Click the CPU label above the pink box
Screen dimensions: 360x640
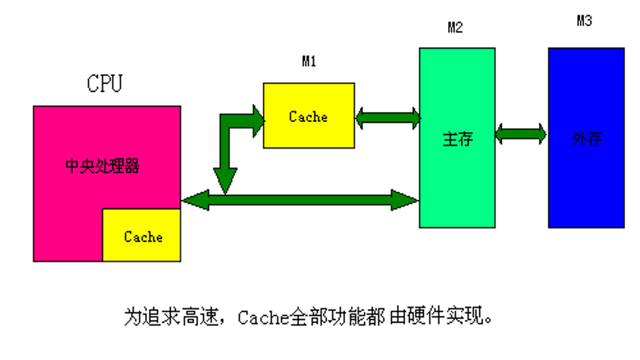tap(104, 83)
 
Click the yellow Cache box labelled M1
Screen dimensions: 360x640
tap(308, 116)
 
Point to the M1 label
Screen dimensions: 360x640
tap(309, 62)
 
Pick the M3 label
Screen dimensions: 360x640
tap(584, 20)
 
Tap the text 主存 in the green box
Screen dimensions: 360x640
tap(457, 139)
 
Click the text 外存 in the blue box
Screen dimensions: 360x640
tap(586, 139)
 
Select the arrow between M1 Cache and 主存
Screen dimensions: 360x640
tap(387, 117)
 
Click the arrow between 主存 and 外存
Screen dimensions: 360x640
tap(521, 134)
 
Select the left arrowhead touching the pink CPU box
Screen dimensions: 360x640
tap(193, 201)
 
